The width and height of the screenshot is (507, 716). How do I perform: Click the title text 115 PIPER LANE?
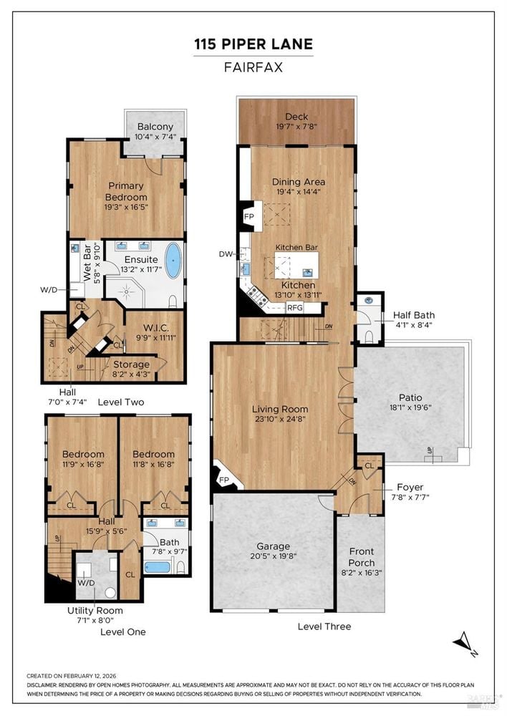(x=253, y=44)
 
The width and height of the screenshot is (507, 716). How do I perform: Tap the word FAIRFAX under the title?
(x=253, y=67)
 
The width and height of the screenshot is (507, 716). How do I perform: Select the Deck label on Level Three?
(x=296, y=117)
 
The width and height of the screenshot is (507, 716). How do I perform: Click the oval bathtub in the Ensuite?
(x=173, y=261)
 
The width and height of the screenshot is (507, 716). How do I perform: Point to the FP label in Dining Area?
(x=249, y=216)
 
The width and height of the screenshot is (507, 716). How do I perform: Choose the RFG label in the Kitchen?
(x=295, y=308)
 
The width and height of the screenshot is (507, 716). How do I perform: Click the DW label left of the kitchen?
(x=226, y=254)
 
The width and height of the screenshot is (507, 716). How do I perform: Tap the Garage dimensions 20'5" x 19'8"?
(x=274, y=556)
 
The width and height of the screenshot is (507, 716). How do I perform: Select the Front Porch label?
(x=362, y=557)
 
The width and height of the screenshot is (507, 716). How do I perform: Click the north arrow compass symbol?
(x=465, y=643)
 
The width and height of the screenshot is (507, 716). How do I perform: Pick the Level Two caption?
(x=121, y=402)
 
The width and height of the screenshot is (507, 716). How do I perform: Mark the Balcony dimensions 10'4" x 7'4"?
(x=155, y=137)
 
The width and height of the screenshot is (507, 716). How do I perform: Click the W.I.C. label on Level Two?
(x=156, y=328)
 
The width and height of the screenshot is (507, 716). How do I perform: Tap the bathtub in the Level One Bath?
(x=158, y=568)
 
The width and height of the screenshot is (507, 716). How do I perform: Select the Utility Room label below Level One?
(x=95, y=611)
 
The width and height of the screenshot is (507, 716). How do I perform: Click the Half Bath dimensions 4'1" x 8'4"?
(x=414, y=325)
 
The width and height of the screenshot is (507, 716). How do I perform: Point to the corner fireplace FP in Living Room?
(x=224, y=480)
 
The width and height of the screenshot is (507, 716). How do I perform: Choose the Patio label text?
(x=410, y=397)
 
